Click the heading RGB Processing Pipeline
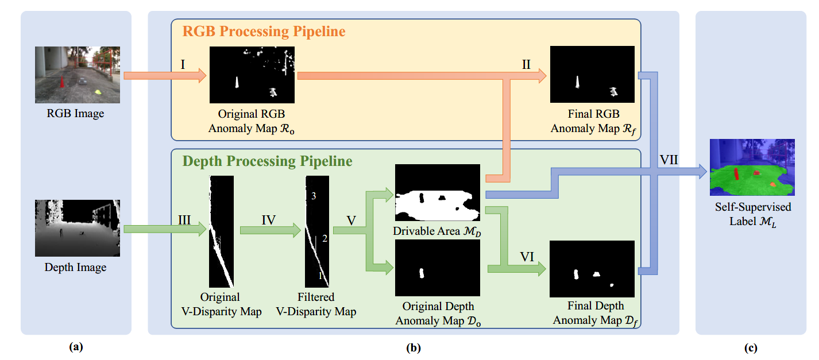pos(264,32)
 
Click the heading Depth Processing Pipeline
pos(267,161)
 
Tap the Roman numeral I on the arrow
pos(183,64)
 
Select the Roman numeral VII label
pos(668,160)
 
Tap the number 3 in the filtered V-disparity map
pos(314,196)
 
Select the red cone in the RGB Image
pos(61,83)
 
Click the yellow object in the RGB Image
pos(98,91)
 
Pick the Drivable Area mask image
pos(437,192)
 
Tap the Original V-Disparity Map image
pos(221,231)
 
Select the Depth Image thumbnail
pos(78,228)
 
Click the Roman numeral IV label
pos(268,220)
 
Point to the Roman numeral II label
pos(526,64)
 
